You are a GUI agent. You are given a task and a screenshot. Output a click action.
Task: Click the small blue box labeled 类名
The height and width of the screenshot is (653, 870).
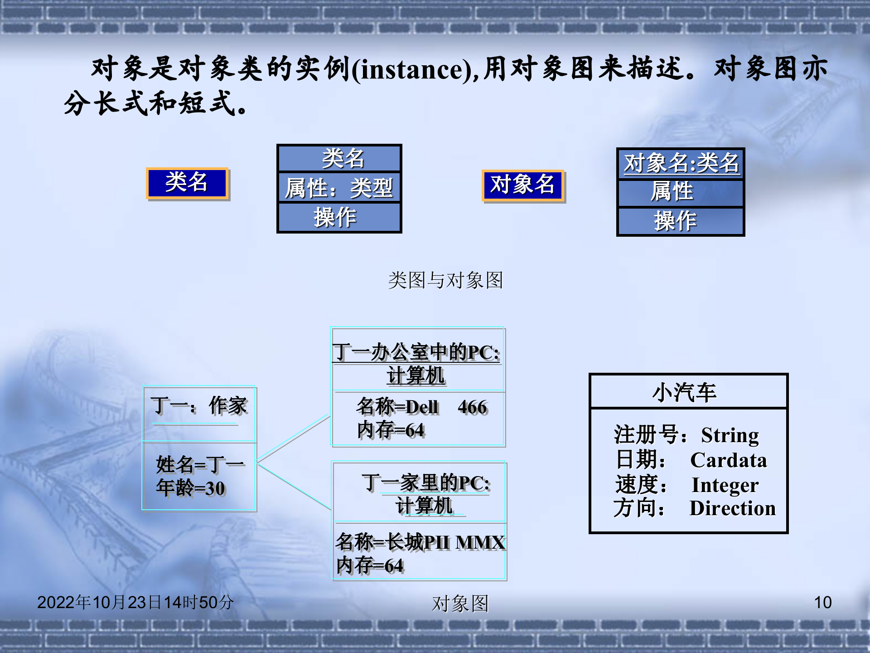(187, 183)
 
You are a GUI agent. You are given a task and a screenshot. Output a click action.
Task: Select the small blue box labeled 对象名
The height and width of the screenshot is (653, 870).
(522, 185)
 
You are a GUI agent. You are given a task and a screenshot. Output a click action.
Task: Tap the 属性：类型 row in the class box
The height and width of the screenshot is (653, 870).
(339, 188)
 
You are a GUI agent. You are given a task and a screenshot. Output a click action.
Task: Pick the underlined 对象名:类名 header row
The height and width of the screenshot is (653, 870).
(681, 163)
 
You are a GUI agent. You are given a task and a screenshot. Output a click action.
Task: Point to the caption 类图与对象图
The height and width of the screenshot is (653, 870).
(445, 280)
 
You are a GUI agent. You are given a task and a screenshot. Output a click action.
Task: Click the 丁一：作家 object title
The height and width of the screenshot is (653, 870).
(199, 406)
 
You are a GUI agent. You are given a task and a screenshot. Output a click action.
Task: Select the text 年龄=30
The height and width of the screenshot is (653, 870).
(190, 488)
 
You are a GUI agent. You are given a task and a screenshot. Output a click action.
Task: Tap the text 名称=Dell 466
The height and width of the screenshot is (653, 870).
(421, 407)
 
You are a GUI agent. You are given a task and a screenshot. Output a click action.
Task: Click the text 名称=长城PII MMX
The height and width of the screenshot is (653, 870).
(420, 542)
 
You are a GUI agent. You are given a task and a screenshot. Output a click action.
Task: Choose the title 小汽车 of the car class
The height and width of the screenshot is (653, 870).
(685, 392)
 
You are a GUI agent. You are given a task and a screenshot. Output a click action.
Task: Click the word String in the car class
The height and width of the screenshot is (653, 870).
(730, 435)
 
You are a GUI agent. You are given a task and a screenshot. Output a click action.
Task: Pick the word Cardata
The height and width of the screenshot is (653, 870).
(729, 460)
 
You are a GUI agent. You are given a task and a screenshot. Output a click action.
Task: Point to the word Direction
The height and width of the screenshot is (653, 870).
(732, 508)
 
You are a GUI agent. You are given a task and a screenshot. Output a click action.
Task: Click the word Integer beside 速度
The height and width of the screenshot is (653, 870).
(725, 485)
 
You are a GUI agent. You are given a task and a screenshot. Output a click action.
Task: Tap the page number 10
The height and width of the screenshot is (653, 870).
(822, 602)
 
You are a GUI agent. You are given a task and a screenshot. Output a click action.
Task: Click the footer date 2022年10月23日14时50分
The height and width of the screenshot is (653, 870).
(135, 602)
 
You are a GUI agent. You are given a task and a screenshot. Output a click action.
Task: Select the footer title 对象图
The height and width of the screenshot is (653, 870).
(460, 604)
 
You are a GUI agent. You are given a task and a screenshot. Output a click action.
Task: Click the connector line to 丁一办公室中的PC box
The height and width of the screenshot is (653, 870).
(294, 438)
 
